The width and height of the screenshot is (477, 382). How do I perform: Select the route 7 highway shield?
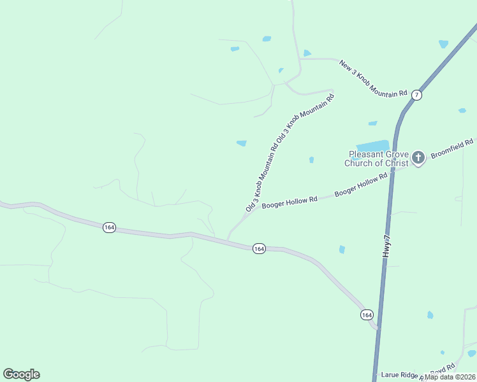[416, 95]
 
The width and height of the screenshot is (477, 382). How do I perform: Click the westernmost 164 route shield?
[109, 227]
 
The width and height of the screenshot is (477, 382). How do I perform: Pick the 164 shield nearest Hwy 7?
[366, 315]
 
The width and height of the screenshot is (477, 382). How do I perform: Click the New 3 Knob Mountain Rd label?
[373, 78]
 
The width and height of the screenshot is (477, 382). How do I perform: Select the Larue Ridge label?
[399, 375]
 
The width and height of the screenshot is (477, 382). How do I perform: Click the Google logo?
[21, 374]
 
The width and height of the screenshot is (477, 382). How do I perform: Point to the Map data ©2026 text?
[450, 376]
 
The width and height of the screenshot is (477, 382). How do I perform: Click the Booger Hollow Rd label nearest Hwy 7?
[361, 183]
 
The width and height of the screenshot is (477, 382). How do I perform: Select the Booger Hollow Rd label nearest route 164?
[290, 202]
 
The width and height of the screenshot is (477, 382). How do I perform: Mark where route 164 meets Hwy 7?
[376, 328]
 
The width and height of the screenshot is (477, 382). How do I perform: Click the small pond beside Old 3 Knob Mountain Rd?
[242, 143]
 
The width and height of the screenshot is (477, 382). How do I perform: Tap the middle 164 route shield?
[258, 248]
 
